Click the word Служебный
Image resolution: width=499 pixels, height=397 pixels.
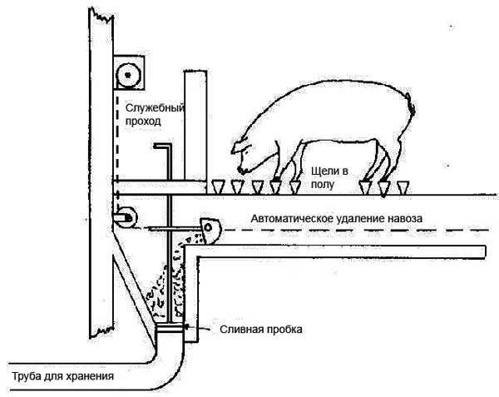155,107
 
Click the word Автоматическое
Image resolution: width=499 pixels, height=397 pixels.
286,218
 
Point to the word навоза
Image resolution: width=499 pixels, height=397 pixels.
403,218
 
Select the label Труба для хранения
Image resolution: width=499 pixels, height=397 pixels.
62,376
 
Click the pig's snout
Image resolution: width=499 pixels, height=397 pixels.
235,150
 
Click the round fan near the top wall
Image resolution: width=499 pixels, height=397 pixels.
128,74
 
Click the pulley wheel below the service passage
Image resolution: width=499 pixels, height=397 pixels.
125,215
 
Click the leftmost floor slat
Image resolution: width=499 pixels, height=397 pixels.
218,186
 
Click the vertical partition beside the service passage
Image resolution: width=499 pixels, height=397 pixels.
194,125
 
